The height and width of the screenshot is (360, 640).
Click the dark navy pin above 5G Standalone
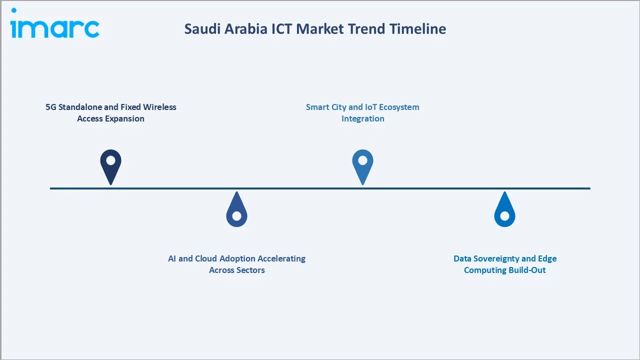point(110,165)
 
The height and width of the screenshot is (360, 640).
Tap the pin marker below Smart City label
point(362,165)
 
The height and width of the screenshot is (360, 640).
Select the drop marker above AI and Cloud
point(236,211)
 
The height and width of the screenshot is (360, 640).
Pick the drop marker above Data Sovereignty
point(504,211)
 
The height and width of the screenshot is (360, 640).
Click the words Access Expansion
point(110,119)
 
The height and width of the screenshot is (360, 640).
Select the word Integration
point(362,119)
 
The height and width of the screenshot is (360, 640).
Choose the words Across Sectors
point(236,270)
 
